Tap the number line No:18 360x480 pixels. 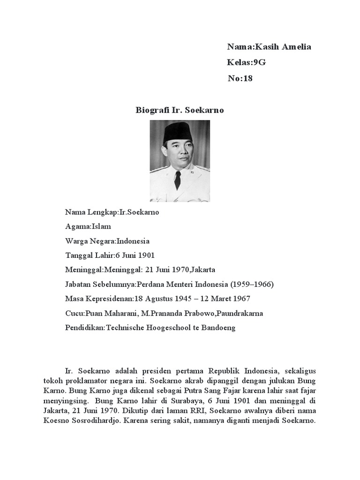coord(240,78)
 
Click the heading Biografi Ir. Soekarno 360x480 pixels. coord(180,110)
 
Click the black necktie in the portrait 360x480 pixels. coord(178,180)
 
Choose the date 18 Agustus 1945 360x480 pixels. coord(163,299)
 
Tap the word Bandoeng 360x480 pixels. coord(218,328)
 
